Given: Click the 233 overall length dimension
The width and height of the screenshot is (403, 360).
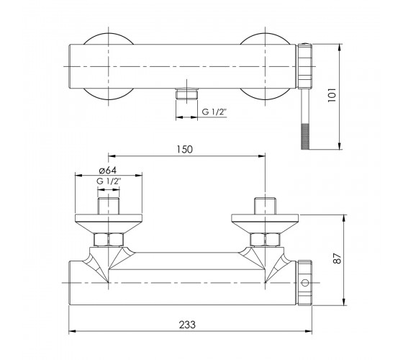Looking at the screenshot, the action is click(187, 325).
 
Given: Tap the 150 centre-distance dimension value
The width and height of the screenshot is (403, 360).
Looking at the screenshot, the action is click(184, 150).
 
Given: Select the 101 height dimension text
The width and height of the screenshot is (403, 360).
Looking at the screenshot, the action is click(332, 95).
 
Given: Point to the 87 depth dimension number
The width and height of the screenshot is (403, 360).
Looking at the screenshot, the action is click(337, 258).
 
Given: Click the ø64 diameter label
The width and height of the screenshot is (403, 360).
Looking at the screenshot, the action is click(108, 170).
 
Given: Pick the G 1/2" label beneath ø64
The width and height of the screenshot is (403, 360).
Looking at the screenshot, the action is click(109, 181).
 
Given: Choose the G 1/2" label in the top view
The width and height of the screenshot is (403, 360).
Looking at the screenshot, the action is click(214, 112).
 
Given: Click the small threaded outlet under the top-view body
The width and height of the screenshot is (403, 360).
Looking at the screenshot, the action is click(187, 94).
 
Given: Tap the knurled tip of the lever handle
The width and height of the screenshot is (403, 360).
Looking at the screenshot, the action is click(305, 137).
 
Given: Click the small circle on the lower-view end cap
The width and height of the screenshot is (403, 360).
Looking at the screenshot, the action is click(305, 283).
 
